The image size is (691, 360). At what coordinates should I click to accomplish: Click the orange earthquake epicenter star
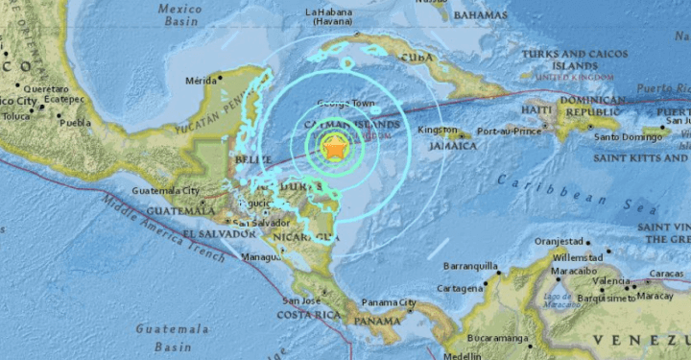click(x=335, y=148)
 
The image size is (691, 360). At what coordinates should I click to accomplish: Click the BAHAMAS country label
click(x=481, y=16)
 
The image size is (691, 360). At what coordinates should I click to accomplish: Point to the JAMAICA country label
click(x=452, y=146)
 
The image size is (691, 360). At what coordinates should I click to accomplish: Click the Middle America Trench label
click(x=162, y=228)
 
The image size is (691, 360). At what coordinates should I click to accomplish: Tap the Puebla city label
click(x=74, y=123)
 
